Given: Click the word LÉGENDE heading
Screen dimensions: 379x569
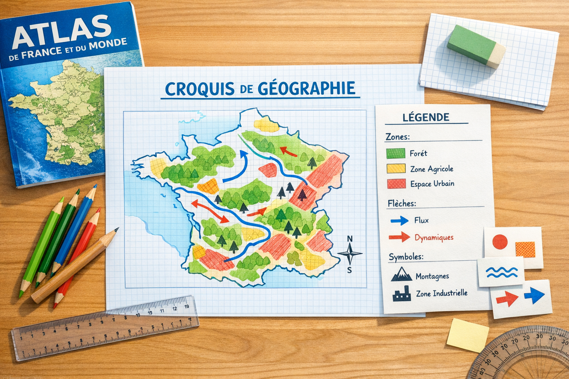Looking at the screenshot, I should [426, 117].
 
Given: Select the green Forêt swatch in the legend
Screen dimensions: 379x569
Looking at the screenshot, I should [396, 153].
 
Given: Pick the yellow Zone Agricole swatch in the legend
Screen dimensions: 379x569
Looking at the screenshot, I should [396, 169].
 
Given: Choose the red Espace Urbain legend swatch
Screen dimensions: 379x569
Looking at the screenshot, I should [396, 184].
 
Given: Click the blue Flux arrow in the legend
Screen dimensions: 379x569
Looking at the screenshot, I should [400, 221].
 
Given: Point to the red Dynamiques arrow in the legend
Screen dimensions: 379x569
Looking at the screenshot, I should [399, 237].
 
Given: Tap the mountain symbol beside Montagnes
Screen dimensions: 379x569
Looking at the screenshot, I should [402, 275].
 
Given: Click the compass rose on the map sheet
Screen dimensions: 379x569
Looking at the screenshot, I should [350, 254].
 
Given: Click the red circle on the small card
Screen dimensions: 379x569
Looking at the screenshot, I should [500, 242].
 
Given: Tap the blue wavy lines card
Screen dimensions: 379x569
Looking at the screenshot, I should [502, 272].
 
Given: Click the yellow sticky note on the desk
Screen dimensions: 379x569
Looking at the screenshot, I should [467, 335].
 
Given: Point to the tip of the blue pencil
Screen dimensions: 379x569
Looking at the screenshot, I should [95, 186].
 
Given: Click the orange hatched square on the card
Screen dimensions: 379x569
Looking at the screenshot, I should [525, 249].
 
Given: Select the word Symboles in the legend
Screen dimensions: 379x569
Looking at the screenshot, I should [406, 256].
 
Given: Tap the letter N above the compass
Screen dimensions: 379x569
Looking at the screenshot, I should [350, 239].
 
